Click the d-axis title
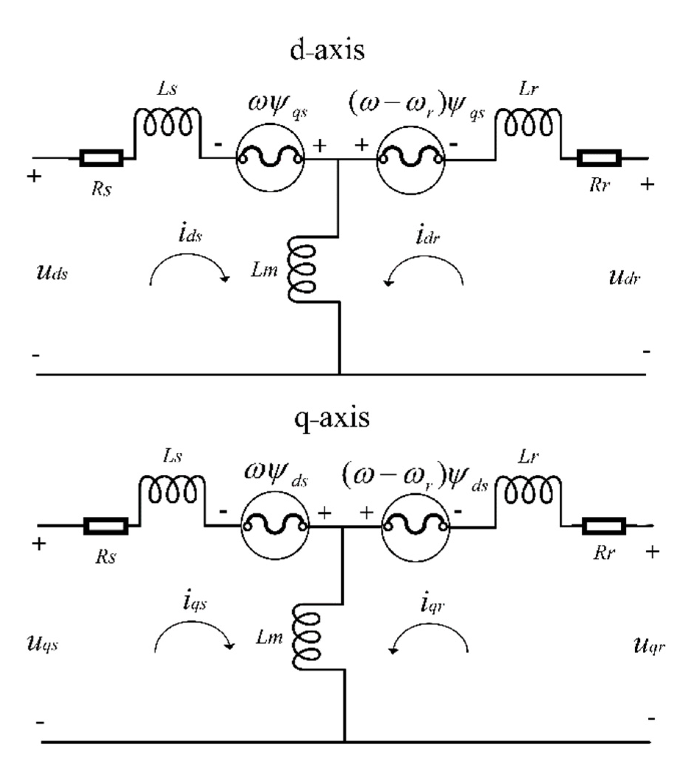[327, 51]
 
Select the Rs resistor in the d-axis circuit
[101, 159]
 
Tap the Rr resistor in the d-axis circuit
[599, 159]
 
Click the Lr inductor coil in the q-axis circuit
[528, 491]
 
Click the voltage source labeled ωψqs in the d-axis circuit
[270, 159]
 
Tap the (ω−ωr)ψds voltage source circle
[416, 526]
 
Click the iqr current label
[432, 604]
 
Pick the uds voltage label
[52, 273]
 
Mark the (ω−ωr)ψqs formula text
[416, 106]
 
